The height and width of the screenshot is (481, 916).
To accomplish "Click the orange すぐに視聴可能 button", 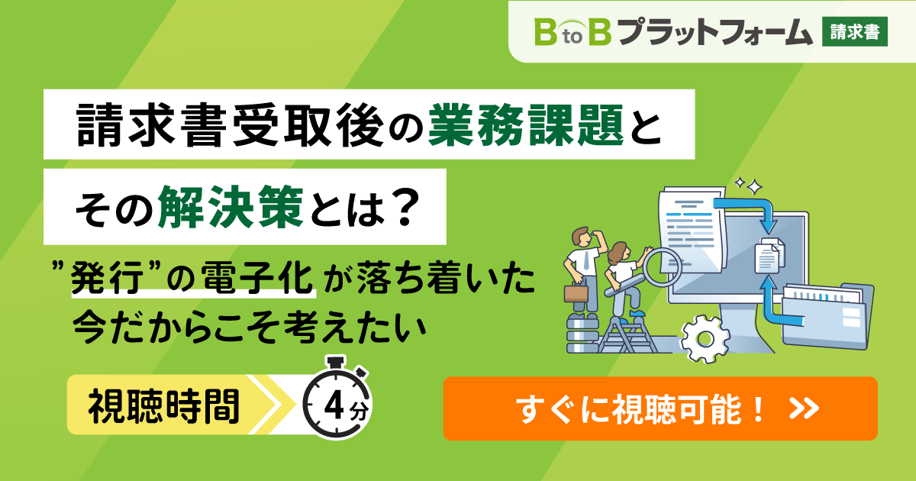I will (x=660, y=408).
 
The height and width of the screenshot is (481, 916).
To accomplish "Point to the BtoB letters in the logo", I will (x=572, y=31).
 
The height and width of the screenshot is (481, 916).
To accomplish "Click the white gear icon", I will (x=705, y=336).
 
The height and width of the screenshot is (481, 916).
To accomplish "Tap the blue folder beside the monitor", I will (x=828, y=314).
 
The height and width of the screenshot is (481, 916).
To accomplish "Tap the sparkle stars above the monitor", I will (x=747, y=186).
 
